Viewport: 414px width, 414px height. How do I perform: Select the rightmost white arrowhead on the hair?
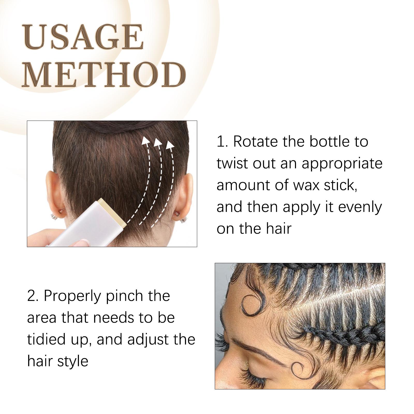point(170,145)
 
